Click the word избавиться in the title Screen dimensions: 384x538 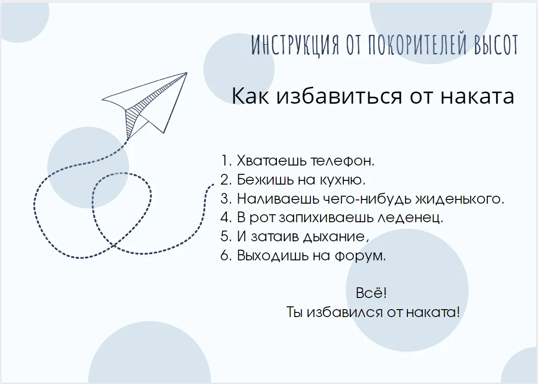point(339,96)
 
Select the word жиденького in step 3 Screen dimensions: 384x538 point(459,199)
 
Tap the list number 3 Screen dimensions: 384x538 point(226,199)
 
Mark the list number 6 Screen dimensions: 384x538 point(226,256)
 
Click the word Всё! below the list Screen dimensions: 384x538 point(371,293)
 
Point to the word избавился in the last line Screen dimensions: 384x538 point(343,312)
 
